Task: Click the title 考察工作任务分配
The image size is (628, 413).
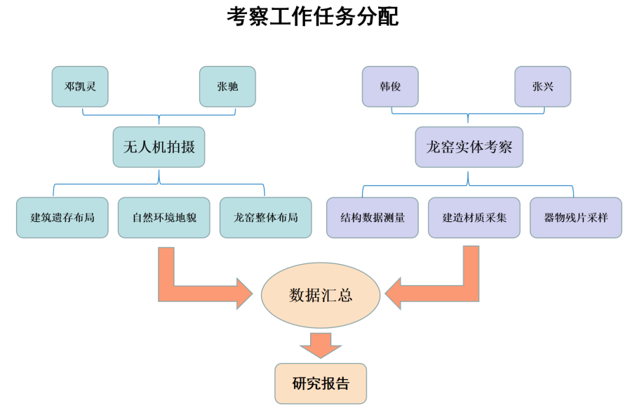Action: pos(313,16)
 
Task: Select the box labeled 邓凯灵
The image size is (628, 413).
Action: pos(80,87)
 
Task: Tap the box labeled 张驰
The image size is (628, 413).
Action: pos(227,87)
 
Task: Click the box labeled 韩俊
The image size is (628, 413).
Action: pos(389,87)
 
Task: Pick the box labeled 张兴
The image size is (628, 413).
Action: pos(542,87)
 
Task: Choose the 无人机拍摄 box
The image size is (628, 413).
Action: pos(159,147)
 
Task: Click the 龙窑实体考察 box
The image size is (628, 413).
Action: pos(469,147)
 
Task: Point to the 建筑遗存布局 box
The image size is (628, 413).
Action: pos(62,218)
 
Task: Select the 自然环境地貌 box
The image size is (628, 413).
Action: pos(164,218)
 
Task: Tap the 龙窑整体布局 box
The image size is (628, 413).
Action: pos(265,218)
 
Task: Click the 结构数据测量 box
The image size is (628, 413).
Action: pos(373,218)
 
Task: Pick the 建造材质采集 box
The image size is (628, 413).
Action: pos(474,218)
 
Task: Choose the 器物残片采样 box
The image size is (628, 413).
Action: pos(575,218)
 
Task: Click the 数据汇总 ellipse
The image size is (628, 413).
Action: pos(321,295)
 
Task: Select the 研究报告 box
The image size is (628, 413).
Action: pos(321,383)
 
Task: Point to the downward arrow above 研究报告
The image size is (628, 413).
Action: pos(321,344)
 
